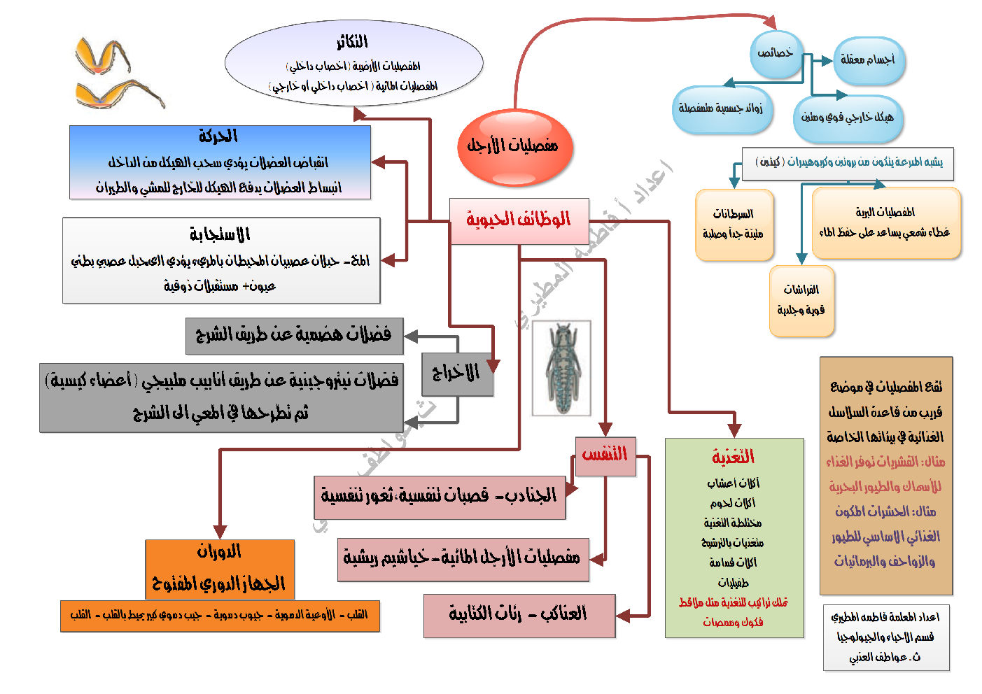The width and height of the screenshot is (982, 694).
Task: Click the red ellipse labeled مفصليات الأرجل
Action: tap(515, 147)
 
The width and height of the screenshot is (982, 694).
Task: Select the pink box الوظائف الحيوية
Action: tap(519, 220)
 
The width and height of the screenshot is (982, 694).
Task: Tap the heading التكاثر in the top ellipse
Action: tap(352, 43)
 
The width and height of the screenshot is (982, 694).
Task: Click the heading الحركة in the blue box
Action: tap(218, 136)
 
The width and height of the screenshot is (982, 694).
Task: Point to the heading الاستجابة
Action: tap(220, 234)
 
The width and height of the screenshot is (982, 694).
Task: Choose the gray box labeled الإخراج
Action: tap(457, 374)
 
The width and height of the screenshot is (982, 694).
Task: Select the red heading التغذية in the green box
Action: tap(733, 458)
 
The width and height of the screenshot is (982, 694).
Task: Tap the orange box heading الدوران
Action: tap(219, 552)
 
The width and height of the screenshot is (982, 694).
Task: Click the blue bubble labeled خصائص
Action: tap(776, 54)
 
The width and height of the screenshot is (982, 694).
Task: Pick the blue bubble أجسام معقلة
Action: tap(868, 60)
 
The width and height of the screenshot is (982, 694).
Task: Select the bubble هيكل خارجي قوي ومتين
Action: tap(848, 118)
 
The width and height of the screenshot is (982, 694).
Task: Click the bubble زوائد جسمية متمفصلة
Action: tap(721, 109)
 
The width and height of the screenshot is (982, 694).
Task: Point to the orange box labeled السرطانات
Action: tap(734, 224)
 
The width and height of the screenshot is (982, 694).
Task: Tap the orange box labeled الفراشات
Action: tap(801, 300)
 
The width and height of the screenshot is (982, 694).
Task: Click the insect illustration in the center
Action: tap(561, 367)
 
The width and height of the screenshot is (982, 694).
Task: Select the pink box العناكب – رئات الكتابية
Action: tap(519, 615)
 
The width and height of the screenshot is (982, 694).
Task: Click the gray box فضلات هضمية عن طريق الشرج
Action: tap(294, 335)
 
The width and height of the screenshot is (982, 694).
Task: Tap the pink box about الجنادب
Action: tap(439, 497)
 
